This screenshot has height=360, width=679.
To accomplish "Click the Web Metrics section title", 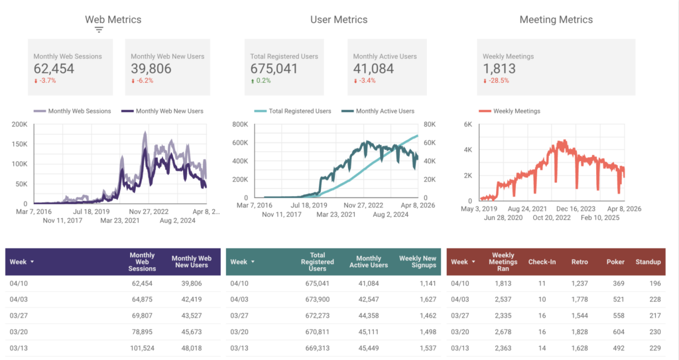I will coord(113,20).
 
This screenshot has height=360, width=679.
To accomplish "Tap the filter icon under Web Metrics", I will coord(99,30).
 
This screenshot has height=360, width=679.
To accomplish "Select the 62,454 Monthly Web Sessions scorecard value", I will coord(56,68).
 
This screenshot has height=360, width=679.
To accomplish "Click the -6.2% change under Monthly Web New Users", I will coord(141,81).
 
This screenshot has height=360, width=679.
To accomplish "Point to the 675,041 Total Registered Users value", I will coord(275,68).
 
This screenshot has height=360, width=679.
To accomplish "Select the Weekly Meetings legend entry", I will coord(515,111).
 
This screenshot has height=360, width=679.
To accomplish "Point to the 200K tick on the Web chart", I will coord(19,124).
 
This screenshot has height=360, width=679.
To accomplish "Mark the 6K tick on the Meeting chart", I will coord(467,124).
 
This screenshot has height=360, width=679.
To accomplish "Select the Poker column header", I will coord(615,262).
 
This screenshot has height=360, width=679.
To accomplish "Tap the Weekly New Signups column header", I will coord(417,262).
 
